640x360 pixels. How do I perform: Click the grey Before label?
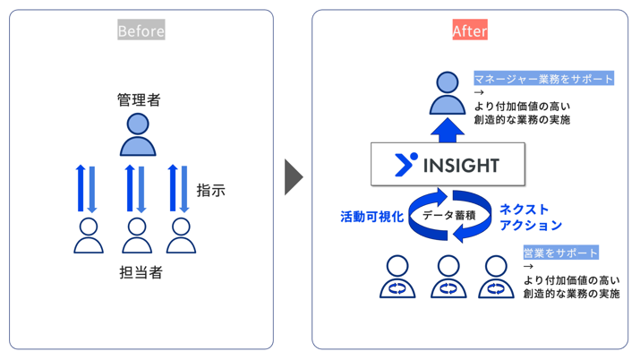click(x=141, y=30)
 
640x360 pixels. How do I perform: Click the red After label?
click(x=469, y=30)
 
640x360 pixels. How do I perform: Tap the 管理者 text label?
click(x=139, y=99)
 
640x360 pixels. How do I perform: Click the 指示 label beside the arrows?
click(x=211, y=190)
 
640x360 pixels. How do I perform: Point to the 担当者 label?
click(x=141, y=272)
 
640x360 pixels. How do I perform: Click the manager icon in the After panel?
click(x=448, y=92)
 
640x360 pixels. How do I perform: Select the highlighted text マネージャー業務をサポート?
click(x=544, y=79)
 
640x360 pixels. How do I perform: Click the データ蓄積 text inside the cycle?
click(x=448, y=216)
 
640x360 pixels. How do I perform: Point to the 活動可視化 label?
click(x=371, y=217)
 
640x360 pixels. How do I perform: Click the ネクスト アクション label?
click(x=531, y=217)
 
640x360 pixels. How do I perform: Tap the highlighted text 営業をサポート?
click(x=561, y=253)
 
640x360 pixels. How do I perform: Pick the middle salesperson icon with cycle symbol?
click(x=448, y=277)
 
